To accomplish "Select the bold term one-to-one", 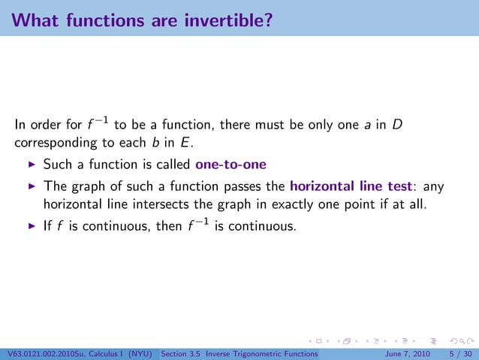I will tap(230, 165).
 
